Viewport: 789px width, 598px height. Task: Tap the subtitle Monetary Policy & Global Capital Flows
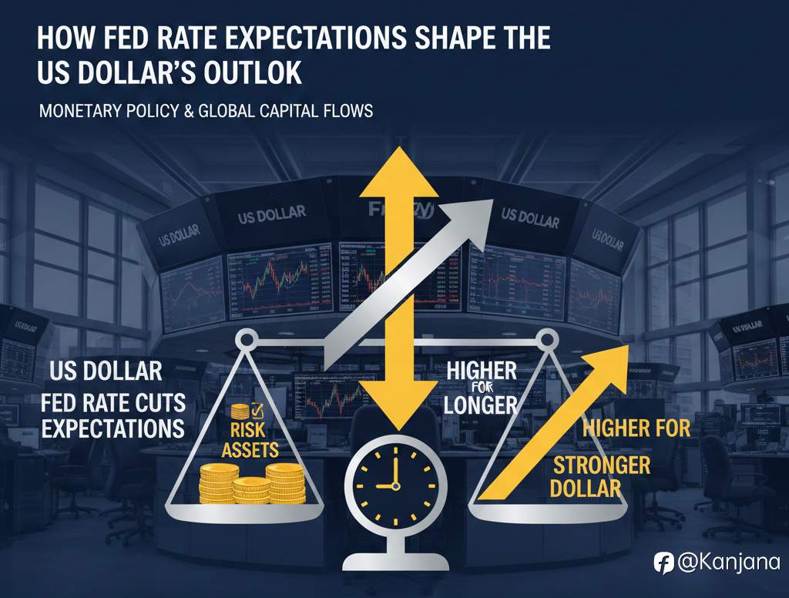(206, 112)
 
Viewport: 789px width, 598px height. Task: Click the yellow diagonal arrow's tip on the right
(626, 349)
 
